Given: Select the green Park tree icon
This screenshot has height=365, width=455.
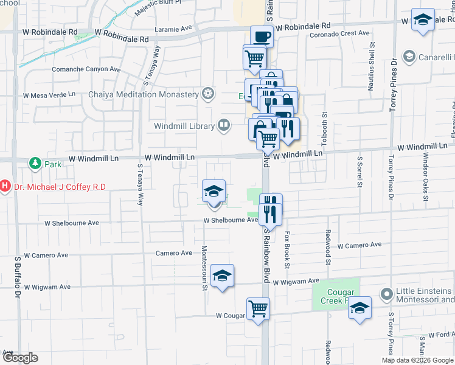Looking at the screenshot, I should (35, 164).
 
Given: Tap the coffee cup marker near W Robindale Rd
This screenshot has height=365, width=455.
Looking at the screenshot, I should (262, 36).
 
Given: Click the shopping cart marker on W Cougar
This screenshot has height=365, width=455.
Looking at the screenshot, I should (258, 308).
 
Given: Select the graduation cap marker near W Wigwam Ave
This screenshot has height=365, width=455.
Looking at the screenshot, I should (223, 276).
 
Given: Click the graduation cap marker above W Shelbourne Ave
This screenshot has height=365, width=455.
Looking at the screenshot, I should (214, 191).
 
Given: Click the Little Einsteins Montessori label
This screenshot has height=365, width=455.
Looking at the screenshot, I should (425, 295).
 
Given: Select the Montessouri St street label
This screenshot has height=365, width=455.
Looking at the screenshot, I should (204, 268).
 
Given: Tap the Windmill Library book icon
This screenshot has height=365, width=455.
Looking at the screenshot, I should (224, 126).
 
